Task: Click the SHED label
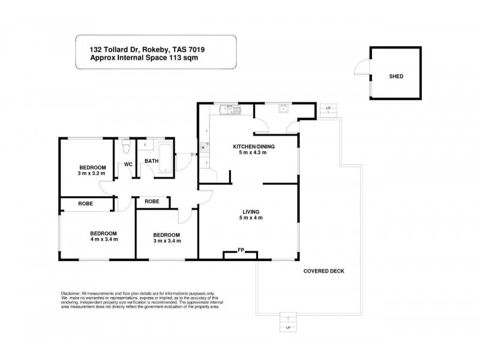click(x=396, y=77)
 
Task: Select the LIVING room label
click(x=251, y=211)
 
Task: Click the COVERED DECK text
click(x=323, y=271)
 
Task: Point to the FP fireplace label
click(x=241, y=250)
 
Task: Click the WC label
click(x=128, y=164)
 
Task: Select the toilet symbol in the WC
click(x=125, y=146)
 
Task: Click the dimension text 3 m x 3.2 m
click(x=92, y=173)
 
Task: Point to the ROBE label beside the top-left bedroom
click(x=85, y=204)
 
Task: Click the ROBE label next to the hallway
click(x=152, y=202)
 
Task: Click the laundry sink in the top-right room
click(x=282, y=109)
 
